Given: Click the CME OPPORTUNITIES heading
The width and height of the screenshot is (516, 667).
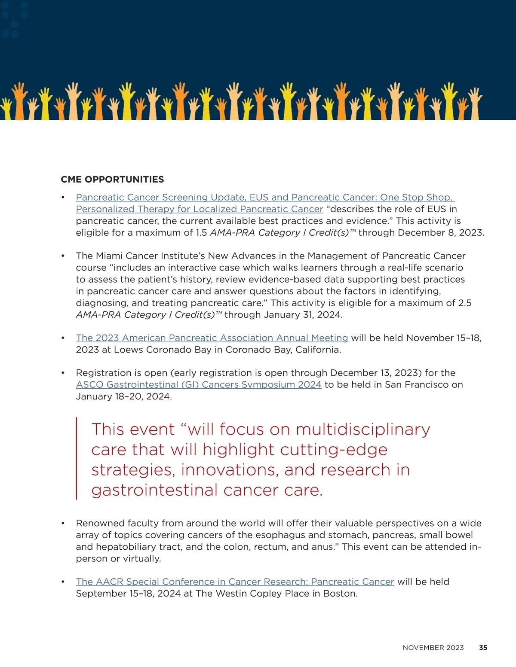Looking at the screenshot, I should click(112, 180).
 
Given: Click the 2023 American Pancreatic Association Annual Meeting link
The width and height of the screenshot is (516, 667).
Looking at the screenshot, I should click(212, 338).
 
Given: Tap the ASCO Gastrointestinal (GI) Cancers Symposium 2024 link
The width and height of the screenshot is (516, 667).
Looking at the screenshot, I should click(198, 385).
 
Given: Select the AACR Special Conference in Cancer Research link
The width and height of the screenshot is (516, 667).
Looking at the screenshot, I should click(235, 582).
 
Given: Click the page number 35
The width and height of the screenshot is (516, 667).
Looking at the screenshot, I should click(483, 648).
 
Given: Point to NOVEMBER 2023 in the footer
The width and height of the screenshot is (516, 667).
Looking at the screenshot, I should click(433, 648).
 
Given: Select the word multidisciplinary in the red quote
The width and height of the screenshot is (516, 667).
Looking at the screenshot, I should click(363, 429).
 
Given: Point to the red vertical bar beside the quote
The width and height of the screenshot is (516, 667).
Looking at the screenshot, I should click(77, 458).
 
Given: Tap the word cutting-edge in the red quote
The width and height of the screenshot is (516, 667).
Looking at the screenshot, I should click(334, 450).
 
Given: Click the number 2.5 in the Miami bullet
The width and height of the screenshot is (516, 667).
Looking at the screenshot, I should click(464, 303).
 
